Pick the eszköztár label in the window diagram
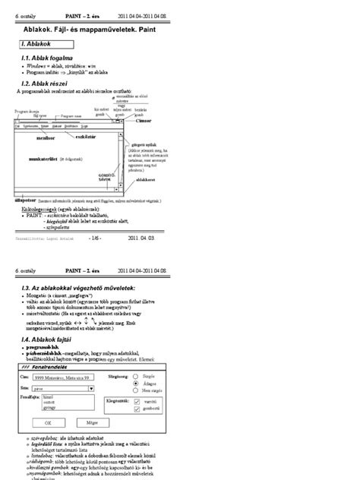coord(86,137)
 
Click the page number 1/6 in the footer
coord(94,237)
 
